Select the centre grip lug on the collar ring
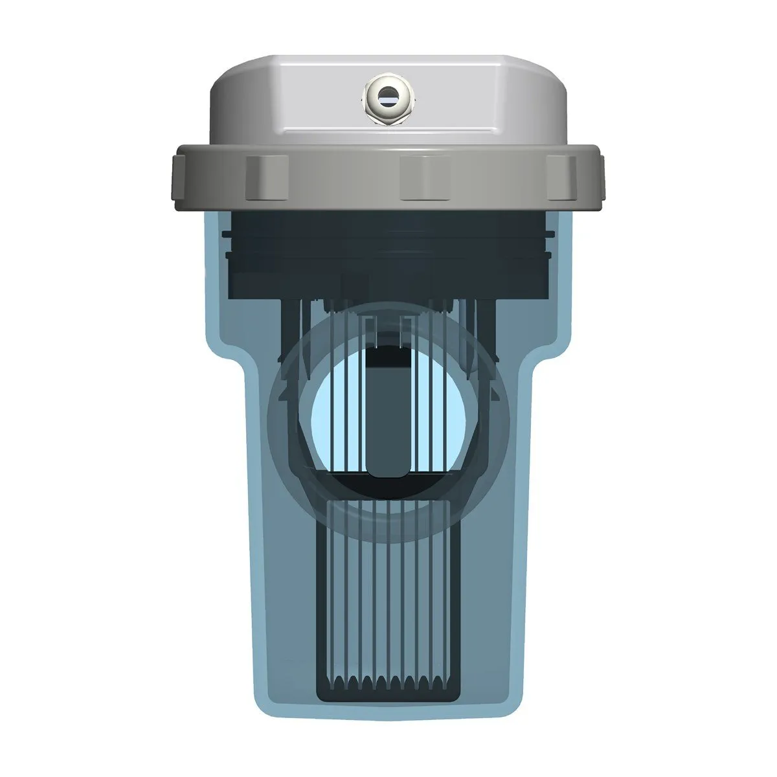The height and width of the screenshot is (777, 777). point(422,176)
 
